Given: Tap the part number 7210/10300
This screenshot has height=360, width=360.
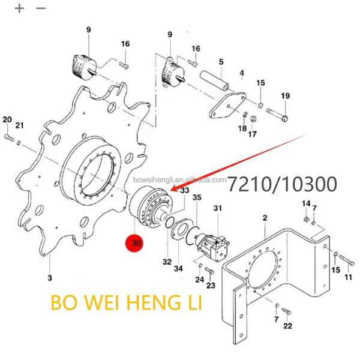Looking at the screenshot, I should click(x=282, y=184).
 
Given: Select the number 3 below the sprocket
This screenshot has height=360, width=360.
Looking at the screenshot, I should click(x=50, y=278).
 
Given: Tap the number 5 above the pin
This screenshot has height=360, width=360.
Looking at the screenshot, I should click(x=221, y=62).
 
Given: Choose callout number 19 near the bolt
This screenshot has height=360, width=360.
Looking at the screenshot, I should click(x=285, y=96).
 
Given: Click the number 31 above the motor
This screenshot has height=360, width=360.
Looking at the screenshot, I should click(x=217, y=208).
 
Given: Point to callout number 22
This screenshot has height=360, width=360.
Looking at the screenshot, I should click(x=287, y=326).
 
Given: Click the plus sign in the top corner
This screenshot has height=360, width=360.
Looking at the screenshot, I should click(x=19, y=8).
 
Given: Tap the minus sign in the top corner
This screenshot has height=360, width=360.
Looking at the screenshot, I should click(x=41, y=8).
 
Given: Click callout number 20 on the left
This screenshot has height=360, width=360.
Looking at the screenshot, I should click(x=7, y=120).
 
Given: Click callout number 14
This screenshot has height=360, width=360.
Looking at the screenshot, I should click(x=306, y=203).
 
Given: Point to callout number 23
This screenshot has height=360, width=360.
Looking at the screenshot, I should click(x=210, y=286).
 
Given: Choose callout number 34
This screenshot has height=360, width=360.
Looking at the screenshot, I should click(x=178, y=268).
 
